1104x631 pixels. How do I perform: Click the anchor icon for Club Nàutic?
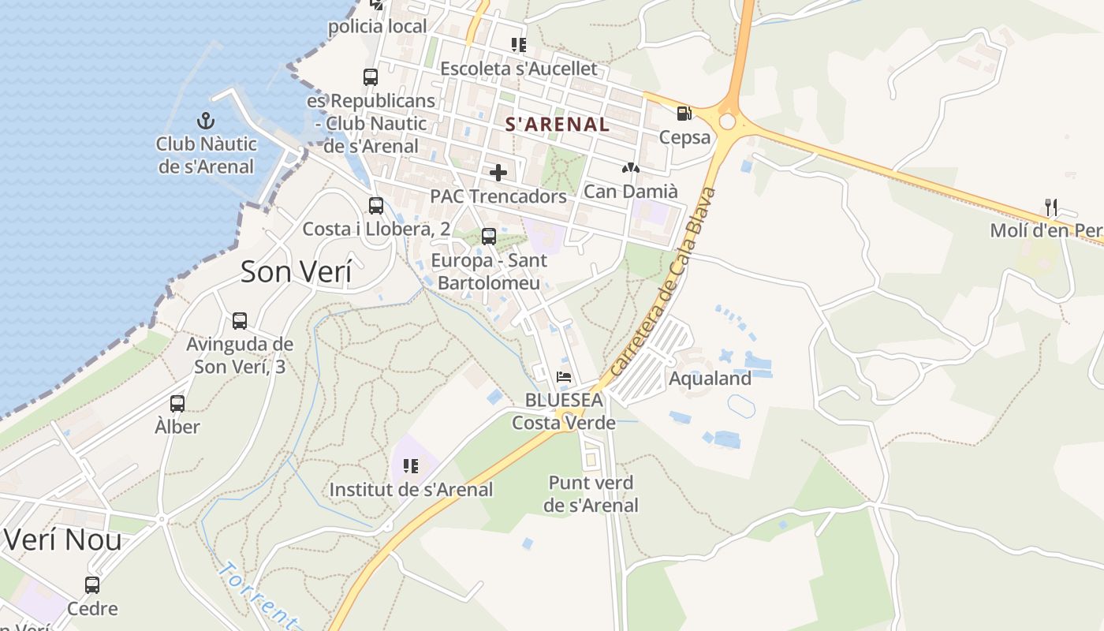pyautogui.click(x=205, y=121)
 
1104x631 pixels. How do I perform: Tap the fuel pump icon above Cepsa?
pyautogui.click(x=684, y=114)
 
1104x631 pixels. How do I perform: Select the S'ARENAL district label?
pyautogui.click(x=557, y=124)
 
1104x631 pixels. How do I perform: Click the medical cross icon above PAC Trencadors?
pyautogui.click(x=498, y=172)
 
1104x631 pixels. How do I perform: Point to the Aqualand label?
pyautogui.click(x=710, y=379)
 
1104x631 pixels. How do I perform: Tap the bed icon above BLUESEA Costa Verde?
pyautogui.click(x=564, y=377)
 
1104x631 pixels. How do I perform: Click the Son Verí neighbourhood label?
pyautogui.click(x=296, y=271)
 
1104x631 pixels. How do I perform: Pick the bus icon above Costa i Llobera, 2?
pyautogui.click(x=376, y=206)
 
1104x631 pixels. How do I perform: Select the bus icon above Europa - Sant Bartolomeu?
pyautogui.click(x=489, y=237)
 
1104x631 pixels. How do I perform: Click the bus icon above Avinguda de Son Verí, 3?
pyautogui.click(x=240, y=321)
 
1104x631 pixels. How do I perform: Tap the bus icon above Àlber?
pyautogui.click(x=177, y=404)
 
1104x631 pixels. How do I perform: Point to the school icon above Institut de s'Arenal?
pyautogui.click(x=410, y=466)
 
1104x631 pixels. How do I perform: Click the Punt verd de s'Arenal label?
pyautogui.click(x=591, y=494)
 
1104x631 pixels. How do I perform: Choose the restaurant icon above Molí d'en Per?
pyautogui.click(x=1050, y=207)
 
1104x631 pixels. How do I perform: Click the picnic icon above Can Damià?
pyautogui.click(x=630, y=167)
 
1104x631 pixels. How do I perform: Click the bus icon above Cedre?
pyautogui.click(x=92, y=585)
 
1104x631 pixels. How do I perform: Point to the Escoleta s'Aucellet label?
pyautogui.click(x=518, y=69)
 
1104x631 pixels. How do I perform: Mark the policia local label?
pyautogui.click(x=378, y=26)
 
